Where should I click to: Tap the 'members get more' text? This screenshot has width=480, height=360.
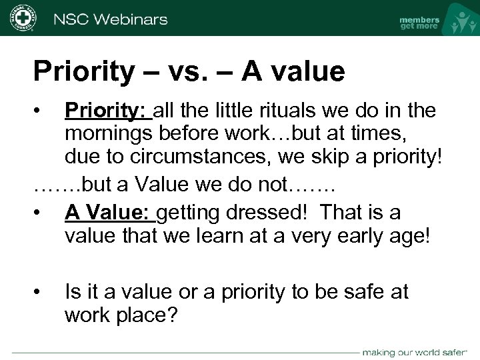click(x=419, y=23)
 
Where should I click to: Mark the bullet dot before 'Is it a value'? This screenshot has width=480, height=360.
click(x=41, y=292)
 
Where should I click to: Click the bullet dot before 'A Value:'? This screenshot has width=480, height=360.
click(x=41, y=213)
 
